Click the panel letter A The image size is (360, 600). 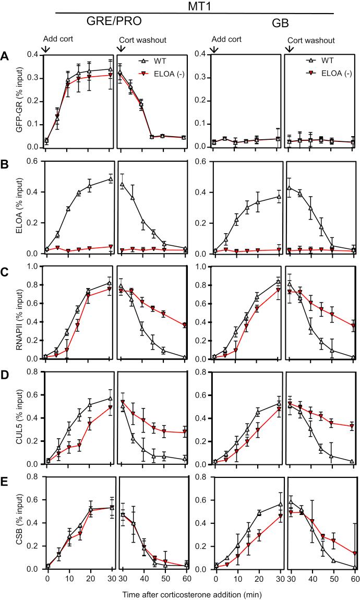(x=5, y=54)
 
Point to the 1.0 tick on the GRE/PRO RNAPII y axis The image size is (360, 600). (x=34, y=266)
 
